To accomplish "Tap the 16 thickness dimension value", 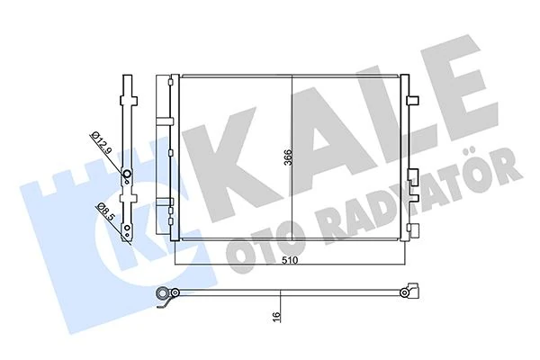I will coord(282,316).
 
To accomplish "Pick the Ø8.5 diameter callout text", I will coord(106,219).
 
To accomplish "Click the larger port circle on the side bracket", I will coord(127,175).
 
